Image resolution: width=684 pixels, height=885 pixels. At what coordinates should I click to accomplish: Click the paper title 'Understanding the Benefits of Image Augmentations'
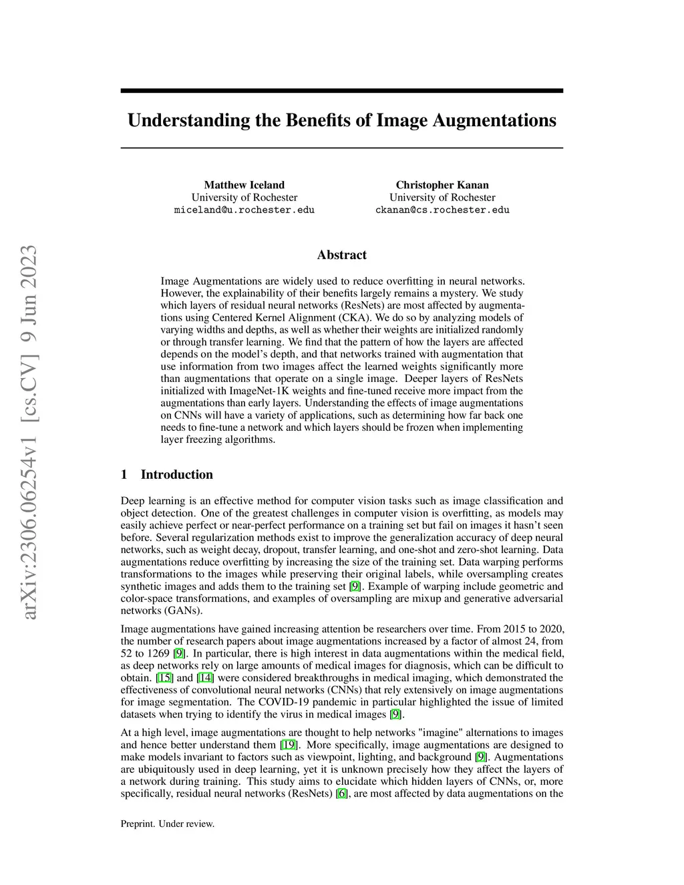(341, 120)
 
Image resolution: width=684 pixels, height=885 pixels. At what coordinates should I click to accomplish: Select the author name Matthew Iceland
(244, 185)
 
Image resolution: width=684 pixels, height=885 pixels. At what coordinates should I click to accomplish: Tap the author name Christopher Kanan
(442, 185)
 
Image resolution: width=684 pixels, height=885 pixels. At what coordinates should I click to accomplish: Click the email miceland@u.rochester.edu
(244, 210)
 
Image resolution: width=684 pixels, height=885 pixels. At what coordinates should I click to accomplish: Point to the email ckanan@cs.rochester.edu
(442, 210)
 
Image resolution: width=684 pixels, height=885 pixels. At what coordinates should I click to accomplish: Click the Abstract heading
(341, 255)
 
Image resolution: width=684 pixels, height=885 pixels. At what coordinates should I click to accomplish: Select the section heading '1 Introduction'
(167, 475)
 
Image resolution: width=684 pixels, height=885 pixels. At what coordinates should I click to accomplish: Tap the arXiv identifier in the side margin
(29, 431)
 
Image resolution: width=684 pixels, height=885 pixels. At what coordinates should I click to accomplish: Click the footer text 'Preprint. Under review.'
(168, 824)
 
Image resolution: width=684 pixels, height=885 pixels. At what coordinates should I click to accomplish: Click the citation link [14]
(205, 678)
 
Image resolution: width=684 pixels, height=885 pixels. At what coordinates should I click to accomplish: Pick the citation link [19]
(289, 745)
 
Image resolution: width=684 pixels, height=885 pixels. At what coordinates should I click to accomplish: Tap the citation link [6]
(342, 793)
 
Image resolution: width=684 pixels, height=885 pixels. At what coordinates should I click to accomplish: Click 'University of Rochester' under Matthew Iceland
(244, 198)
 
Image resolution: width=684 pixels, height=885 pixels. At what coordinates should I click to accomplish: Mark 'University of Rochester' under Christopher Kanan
(442, 198)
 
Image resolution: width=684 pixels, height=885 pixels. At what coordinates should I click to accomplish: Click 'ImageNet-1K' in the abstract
(257, 391)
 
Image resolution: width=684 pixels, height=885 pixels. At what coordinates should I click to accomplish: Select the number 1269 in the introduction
(158, 653)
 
